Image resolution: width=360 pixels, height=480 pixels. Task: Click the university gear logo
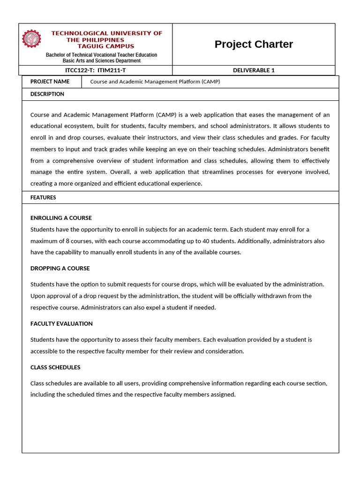point(31,39)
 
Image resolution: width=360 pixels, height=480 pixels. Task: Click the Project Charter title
point(254,45)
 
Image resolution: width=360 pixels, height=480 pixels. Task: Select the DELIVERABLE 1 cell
point(254,70)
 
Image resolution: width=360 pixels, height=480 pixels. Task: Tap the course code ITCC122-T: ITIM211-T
point(95,70)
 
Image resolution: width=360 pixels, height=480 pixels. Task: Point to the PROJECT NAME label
point(50,82)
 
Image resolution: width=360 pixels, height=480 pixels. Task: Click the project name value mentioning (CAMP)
point(155,82)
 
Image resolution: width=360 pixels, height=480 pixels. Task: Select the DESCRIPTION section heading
point(47,94)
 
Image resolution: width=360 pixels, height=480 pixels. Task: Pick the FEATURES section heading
point(43,198)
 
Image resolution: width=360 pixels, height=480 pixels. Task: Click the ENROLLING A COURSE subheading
point(61,218)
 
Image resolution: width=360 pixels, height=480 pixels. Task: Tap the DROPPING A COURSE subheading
point(60,269)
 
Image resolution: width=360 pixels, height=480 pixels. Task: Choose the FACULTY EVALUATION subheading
point(61,324)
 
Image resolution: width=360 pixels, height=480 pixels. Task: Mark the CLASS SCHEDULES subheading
point(55,367)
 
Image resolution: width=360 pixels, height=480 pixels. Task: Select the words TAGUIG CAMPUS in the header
point(105,46)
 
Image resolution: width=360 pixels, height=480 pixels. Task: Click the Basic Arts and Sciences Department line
point(101,61)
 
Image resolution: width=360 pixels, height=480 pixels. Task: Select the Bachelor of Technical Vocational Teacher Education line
point(101,55)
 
